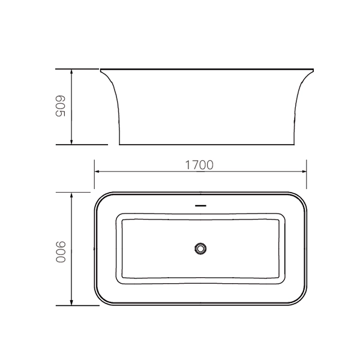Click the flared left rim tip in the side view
pos(101,70)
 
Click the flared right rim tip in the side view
pos(313,70)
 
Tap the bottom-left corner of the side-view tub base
pos(119,145)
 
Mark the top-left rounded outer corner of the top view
pos(100,199)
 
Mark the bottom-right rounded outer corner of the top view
pos(302,298)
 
